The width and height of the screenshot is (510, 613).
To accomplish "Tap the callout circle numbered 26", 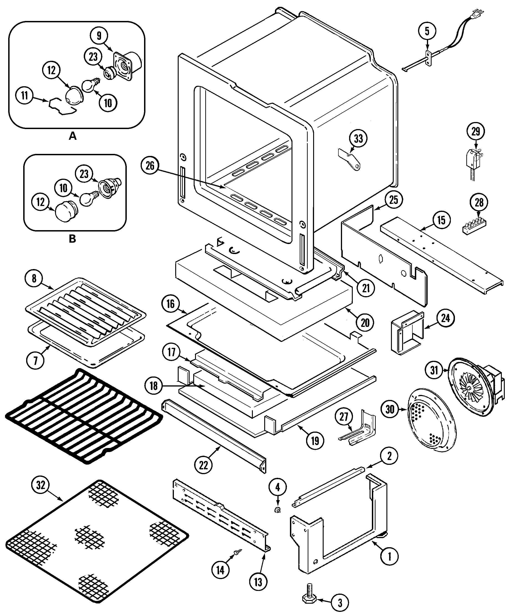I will click(150, 166).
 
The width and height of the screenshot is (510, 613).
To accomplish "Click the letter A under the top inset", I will click(72, 136).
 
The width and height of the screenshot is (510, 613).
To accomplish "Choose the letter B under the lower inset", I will click(72, 239).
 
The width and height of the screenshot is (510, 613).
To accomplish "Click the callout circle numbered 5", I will click(427, 31).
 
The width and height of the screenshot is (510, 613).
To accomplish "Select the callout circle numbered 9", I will click(99, 36).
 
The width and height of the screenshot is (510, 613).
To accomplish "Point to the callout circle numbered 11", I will click(25, 95).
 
